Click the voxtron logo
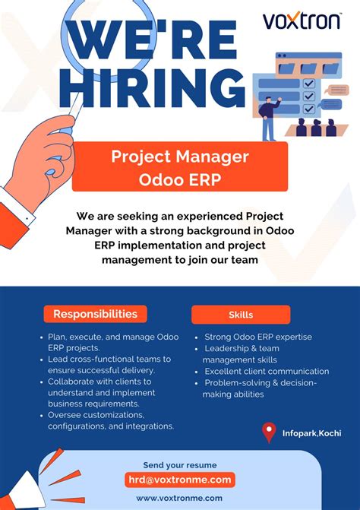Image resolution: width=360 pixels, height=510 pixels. click(x=302, y=21)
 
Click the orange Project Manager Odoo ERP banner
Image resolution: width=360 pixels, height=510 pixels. click(x=180, y=167)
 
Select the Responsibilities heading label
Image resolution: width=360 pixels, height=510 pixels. click(x=95, y=314)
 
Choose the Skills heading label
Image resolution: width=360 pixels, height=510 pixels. click(x=241, y=314)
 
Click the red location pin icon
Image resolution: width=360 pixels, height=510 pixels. click(x=268, y=432)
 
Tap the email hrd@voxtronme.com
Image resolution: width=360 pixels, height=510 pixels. click(x=180, y=480)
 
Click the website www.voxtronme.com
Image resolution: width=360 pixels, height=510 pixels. click(x=180, y=498)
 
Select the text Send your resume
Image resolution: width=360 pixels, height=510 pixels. click(x=180, y=465)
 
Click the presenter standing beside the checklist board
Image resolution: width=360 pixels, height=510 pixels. click(x=267, y=118)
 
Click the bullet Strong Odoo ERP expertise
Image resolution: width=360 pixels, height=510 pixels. click(x=258, y=337)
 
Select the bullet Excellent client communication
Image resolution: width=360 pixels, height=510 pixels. click(x=267, y=371)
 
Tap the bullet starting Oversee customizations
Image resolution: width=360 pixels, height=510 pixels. click(x=110, y=420)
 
